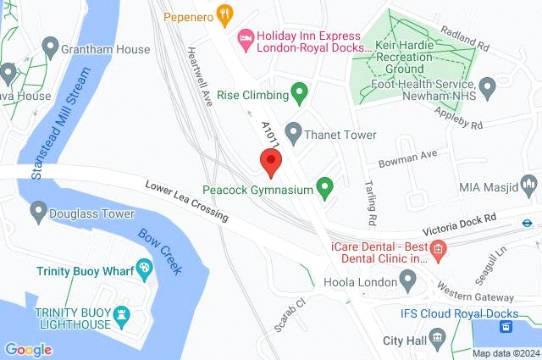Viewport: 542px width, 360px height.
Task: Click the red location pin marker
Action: pyautogui.click(x=270, y=161)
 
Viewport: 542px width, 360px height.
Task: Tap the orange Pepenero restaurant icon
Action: pyautogui.click(x=224, y=14)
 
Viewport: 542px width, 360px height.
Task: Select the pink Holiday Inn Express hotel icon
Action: pyautogui.click(x=245, y=36)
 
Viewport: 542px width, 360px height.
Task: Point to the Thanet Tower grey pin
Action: pyautogui.click(x=293, y=131)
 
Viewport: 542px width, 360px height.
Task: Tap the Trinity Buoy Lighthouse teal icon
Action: pyautogui.click(x=122, y=313)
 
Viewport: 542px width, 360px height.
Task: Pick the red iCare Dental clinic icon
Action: pyautogui.click(x=438, y=248)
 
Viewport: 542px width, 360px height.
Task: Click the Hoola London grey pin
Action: pyautogui.click(x=408, y=278)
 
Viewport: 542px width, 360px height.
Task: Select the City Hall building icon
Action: pyautogui.click(x=436, y=340)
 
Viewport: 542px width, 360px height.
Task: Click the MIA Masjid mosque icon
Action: pyautogui.click(x=529, y=184)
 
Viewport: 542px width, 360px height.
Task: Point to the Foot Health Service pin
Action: pyautogui.click(x=487, y=86)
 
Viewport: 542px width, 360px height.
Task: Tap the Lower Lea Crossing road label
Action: pyautogui.click(x=186, y=201)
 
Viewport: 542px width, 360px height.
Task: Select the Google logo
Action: pyautogui.click(x=28, y=349)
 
